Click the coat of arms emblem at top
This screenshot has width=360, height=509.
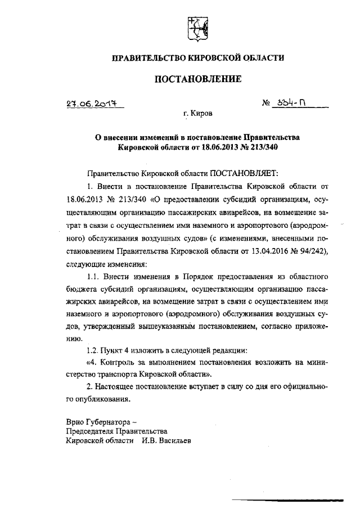[198, 28]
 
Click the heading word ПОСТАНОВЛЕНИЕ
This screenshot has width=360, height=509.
[198, 79]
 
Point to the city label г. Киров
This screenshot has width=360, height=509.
[198, 114]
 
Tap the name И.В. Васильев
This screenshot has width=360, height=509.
[168, 442]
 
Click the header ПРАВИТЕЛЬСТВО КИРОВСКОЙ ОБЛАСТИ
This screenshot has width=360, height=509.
[198, 57]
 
